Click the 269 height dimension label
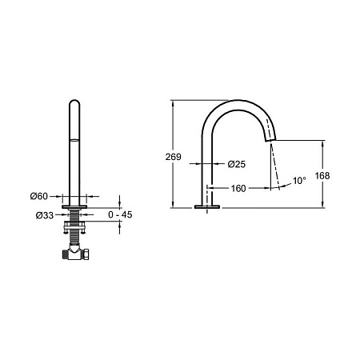[173, 157]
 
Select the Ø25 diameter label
[237, 164]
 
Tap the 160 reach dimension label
[238, 188]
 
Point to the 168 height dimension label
[322, 175]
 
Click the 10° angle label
[299, 181]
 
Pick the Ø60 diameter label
[39, 196]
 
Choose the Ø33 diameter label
[45, 215]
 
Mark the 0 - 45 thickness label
[120, 214]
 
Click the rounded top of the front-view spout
[74, 101]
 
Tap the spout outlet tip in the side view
[270, 140]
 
